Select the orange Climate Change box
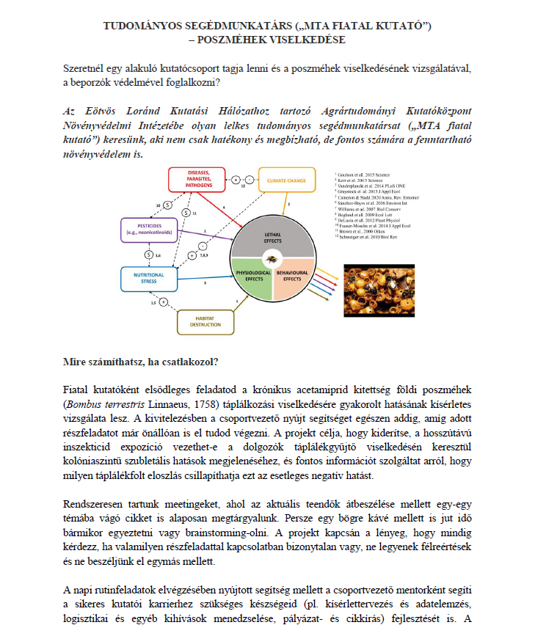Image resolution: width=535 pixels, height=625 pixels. pos(286,180)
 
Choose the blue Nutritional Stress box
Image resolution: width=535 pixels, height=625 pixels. pos(149,278)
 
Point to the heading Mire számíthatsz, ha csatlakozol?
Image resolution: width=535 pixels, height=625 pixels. pos(142,361)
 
